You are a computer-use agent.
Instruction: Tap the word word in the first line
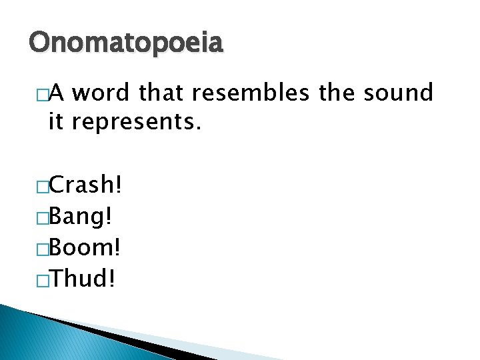[101, 93]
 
